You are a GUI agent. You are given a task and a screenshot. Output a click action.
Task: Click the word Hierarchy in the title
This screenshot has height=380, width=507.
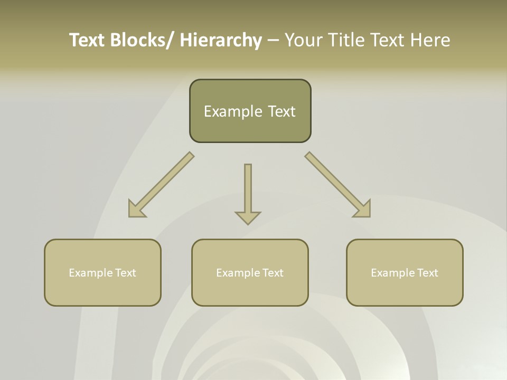coord(220,40)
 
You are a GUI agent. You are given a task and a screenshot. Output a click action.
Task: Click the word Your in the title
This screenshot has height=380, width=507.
coord(303,40)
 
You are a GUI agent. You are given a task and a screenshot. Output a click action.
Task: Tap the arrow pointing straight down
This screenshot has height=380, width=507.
coord(248,190)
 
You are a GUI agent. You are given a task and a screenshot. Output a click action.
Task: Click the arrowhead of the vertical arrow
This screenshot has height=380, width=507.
coord(248,217)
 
